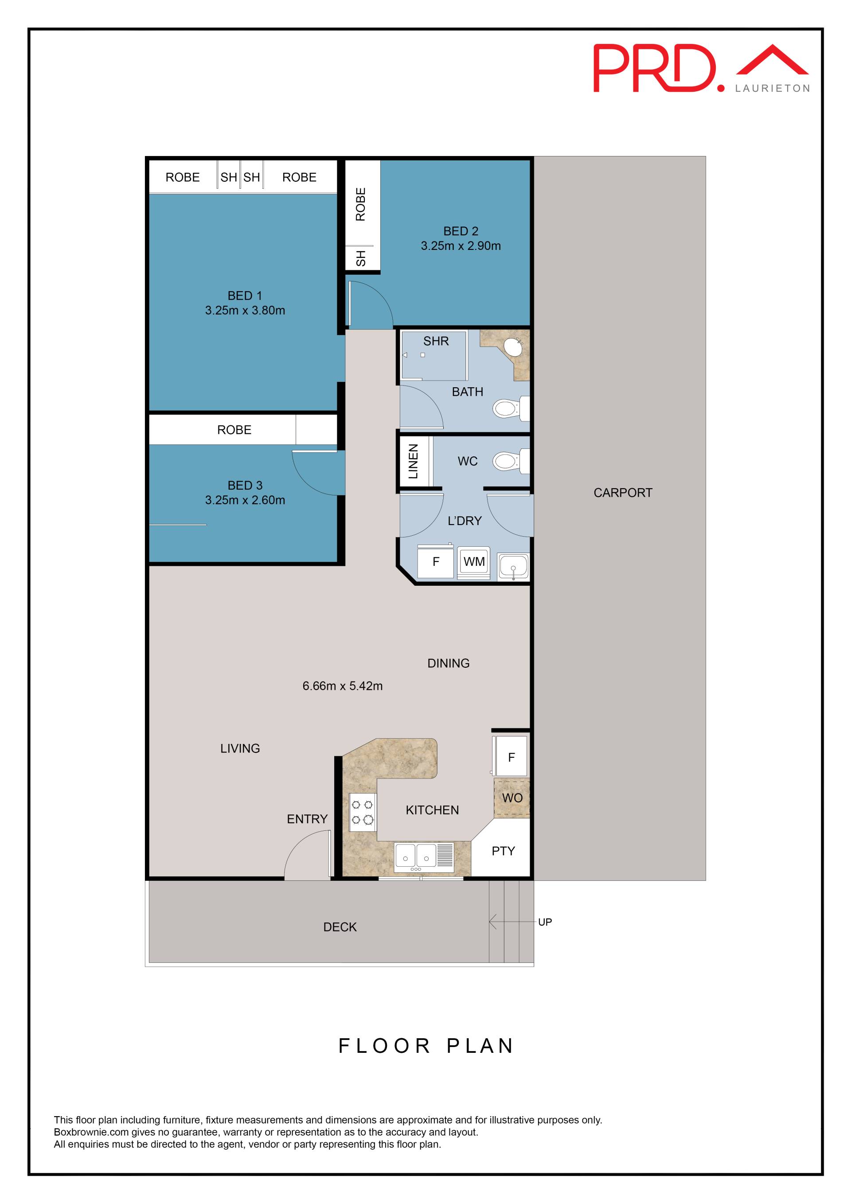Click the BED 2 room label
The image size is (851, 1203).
pos(461,231)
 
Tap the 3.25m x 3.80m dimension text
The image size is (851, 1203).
pos(245,310)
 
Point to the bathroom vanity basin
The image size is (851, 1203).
pos(513,346)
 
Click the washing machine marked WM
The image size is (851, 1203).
pos(474,563)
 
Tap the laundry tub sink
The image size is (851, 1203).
pos(513,566)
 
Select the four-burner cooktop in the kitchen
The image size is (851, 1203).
pos(363,812)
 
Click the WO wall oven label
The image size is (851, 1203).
pos(512,798)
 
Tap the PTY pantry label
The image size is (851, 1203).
pos(503,851)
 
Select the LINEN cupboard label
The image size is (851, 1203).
pos(414,462)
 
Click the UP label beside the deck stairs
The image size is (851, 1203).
pos(545,922)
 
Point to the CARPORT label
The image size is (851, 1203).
pos(623,493)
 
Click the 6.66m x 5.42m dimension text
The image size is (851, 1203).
pos(342,686)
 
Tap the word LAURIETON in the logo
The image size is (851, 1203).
pos(773,89)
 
